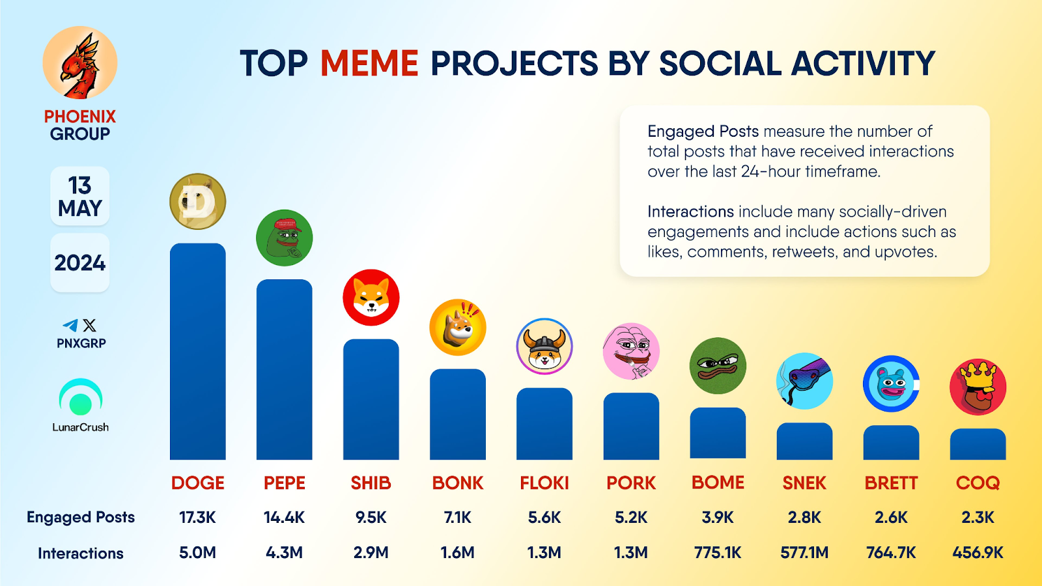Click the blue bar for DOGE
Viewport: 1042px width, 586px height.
coord(197,352)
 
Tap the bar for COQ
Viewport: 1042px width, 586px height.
coord(978,444)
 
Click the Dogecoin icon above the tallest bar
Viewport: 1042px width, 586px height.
coord(197,201)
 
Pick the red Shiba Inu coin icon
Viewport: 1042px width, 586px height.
coord(371,298)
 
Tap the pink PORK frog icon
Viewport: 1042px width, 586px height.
coord(631,352)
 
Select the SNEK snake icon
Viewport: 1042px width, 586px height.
coord(804,381)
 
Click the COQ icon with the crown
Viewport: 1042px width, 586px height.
coord(978,387)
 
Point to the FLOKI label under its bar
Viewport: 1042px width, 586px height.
coord(544,483)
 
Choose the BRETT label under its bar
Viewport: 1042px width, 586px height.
coord(891,483)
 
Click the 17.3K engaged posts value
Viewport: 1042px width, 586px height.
coord(197,518)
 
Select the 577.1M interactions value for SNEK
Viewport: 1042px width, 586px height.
coord(804,553)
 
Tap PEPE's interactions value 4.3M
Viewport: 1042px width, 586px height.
coord(284,553)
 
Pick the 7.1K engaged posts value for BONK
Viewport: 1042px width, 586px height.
coord(457,518)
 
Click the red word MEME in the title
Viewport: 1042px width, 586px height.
coord(369,64)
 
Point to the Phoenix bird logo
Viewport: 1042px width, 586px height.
coord(80,63)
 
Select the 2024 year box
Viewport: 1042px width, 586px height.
coord(79,263)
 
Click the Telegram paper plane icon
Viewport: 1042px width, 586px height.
coord(70,325)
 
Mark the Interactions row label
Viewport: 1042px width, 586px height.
coord(81,553)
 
